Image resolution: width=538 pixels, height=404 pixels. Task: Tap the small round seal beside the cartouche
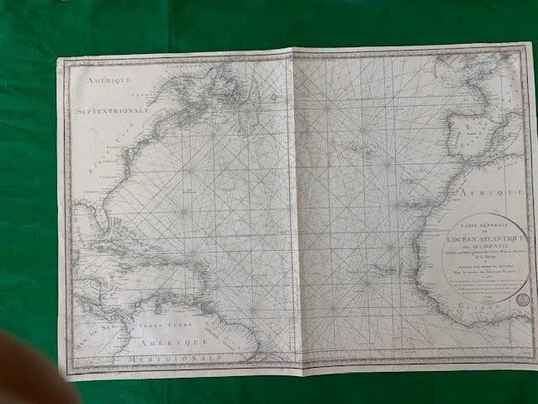click(x=521, y=298)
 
